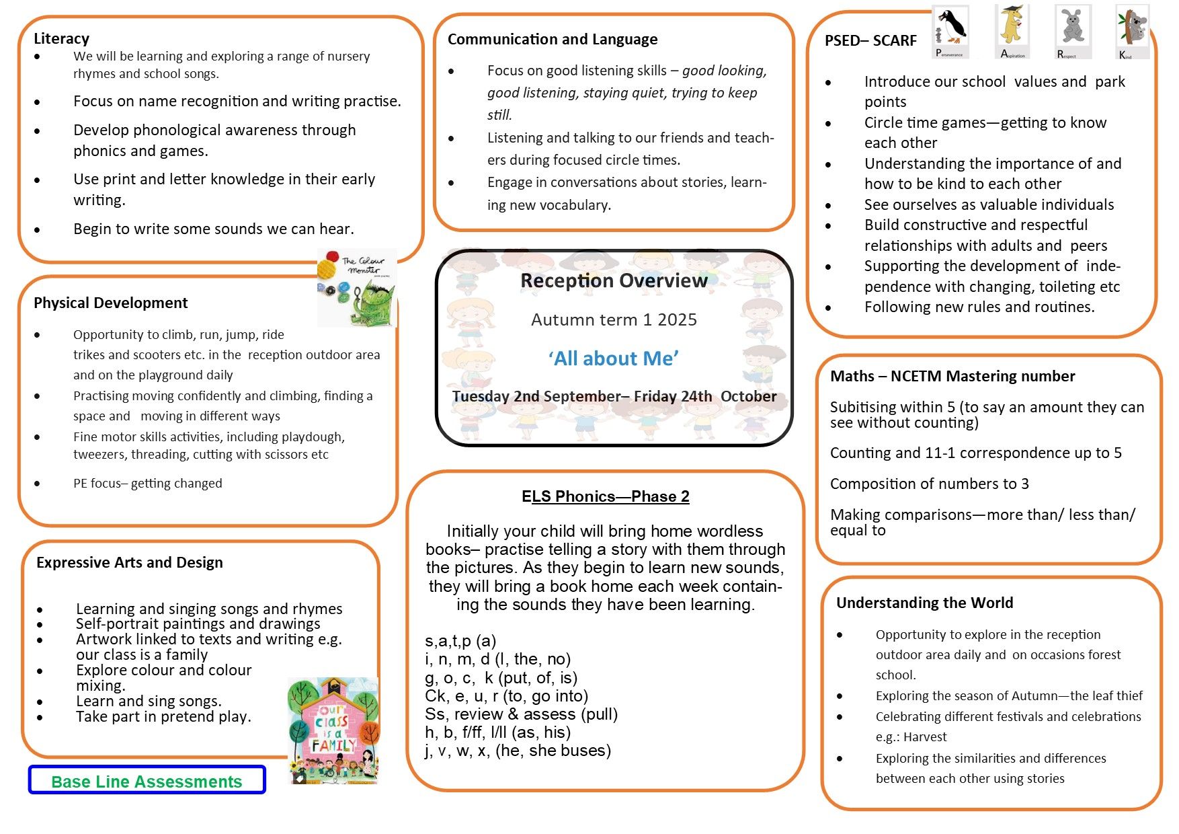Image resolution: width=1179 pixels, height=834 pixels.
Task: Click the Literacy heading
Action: pyautogui.click(x=61, y=38)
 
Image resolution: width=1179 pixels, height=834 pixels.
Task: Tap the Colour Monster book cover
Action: pyautogui.click(x=358, y=288)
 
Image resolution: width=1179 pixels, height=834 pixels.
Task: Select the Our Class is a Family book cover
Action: pyautogui.click(x=333, y=730)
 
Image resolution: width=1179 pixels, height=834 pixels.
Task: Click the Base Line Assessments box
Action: pyautogui.click(x=147, y=781)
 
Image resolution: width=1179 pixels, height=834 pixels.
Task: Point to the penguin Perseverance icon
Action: pyautogui.click(x=950, y=31)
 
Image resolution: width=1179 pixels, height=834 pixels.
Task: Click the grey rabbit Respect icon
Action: pyautogui.click(x=1073, y=31)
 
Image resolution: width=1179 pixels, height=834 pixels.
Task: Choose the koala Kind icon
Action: pyautogui.click(x=1133, y=31)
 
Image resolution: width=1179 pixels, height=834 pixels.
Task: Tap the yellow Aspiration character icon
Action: pyautogui.click(x=1012, y=31)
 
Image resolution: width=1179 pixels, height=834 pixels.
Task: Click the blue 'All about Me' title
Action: pyautogui.click(x=613, y=358)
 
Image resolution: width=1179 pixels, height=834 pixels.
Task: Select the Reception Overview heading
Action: pyautogui.click(x=614, y=280)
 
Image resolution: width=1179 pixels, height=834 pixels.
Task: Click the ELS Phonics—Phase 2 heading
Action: pyautogui.click(x=605, y=496)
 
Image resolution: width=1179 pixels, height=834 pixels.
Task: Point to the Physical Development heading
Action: pyautogui.click(x=111, y=303)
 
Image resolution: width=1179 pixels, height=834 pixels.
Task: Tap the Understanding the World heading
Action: pyautogui.click(x=924, y=603)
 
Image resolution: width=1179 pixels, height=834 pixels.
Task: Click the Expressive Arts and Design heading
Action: pyautogui.click(x=130, y=562)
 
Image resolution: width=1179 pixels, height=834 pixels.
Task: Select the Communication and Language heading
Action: pyautogui.click(x=553, y=39)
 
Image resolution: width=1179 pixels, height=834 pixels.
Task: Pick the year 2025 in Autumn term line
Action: pyautogui.click(x=677, y=319)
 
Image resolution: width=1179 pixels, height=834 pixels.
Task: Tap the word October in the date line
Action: pyautogui.click(x=748, y=396)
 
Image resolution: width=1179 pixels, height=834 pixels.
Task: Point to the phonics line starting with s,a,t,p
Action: pyautogui.click(x=460, y=641)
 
